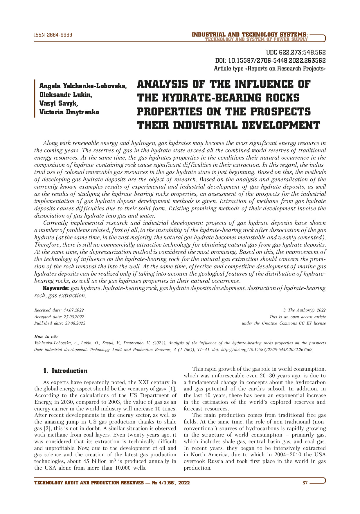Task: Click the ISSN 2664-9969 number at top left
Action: coord(53,35)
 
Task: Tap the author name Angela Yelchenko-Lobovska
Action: coord(83,86)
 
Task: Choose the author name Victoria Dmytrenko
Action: coord(69,112)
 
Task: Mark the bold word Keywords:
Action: coord(56,288)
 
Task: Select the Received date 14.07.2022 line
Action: coord(59,310)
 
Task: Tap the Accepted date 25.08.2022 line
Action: coord(59,317)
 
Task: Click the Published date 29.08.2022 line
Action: coord(60,323)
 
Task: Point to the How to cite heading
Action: coord(46,336)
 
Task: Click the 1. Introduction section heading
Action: coord(65,371)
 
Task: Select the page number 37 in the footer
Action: coord(305,483)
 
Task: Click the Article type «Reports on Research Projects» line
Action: coord(270,69)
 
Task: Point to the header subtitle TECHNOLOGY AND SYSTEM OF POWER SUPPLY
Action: coord(256,39)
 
